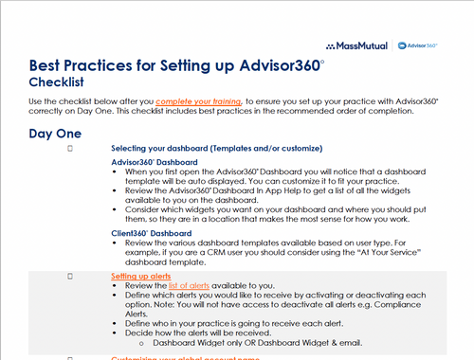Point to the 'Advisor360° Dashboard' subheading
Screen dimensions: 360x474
point(152,162)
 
